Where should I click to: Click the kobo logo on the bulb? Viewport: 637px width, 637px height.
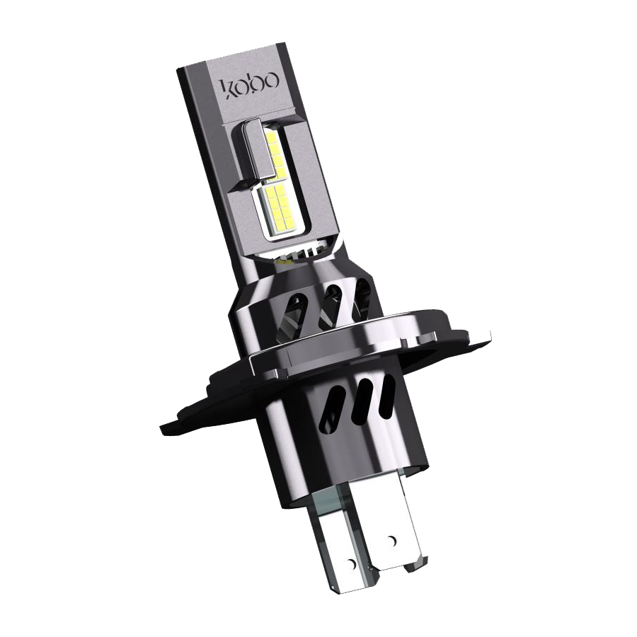coord(250,84)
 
